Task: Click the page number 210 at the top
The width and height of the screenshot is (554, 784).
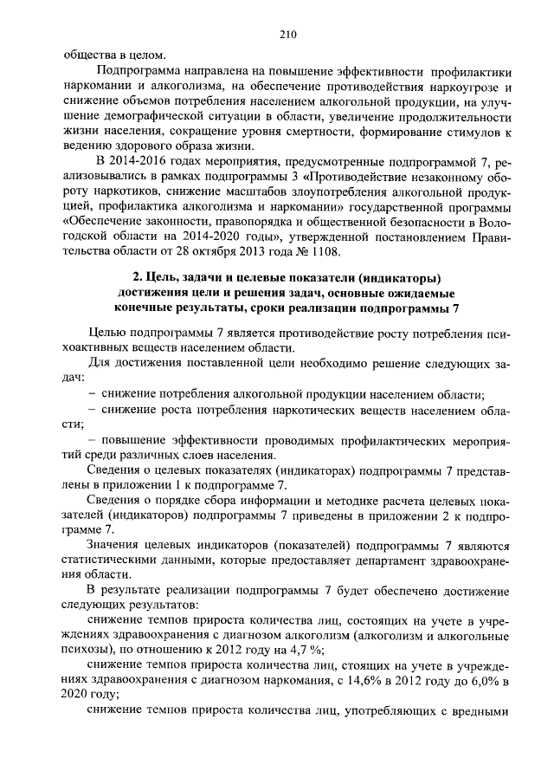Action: (x=288, y=35)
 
